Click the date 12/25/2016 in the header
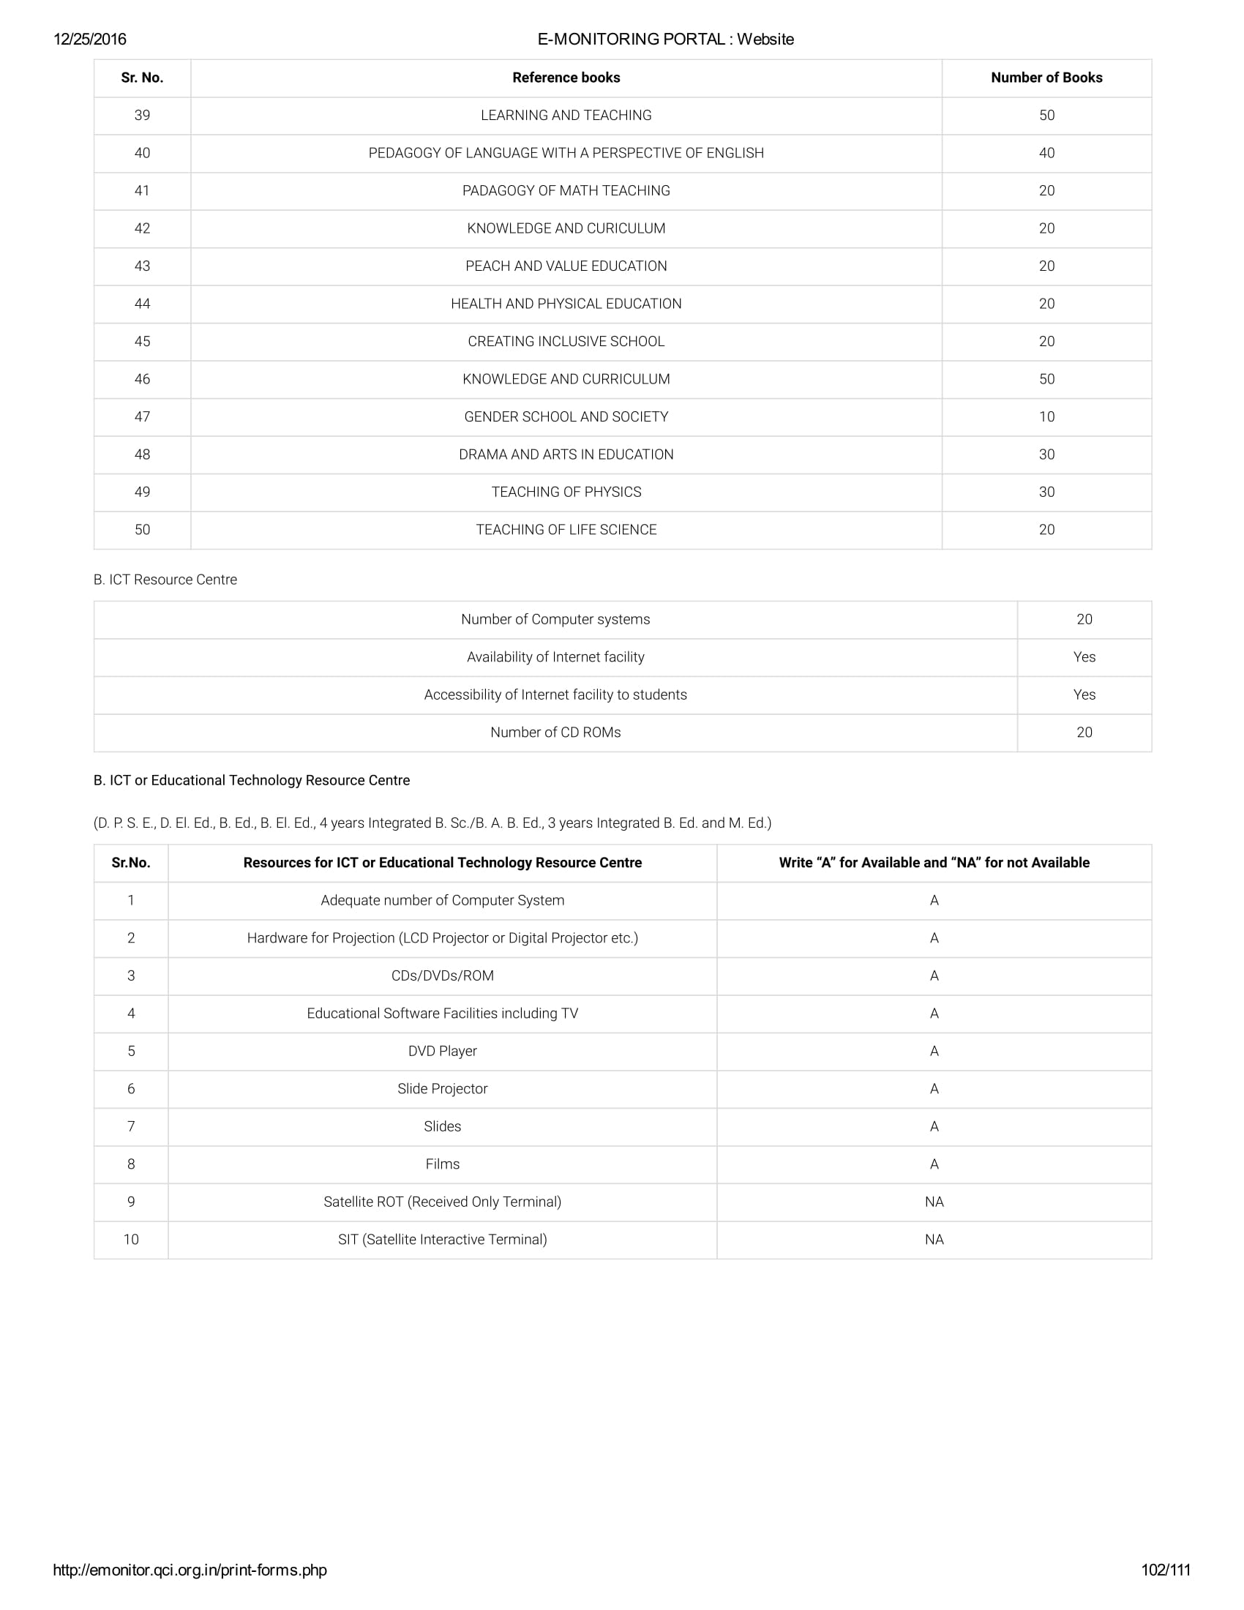[x=90, y=40]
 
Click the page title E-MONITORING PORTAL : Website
[x=665, y=40]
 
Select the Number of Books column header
[x=1046, y=78]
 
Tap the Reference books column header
[x=566, y=78]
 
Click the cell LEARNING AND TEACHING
[x=566, y=116]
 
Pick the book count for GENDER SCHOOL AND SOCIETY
[x=1046, y=417]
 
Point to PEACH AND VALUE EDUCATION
[x=566, y=266]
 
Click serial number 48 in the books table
[x=142, y=455]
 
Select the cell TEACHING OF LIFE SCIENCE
[x=566, y=530]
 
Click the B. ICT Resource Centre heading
[x=165, y=580]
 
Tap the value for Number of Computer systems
[x=1084, y=620]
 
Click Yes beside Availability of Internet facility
[x=1084, y=658]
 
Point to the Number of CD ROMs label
[x=555, y=733]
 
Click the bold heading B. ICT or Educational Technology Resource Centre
[x=251, y=781]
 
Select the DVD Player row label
[x=442, y=1051]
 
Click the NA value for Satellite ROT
[x=934, y=1202]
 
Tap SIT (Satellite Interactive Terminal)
[x=442, y=1240]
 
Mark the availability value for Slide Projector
[x=934, y=1089]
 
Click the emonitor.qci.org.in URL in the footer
[x=190, y=1570]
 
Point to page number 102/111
[x=1165, y=1570]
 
